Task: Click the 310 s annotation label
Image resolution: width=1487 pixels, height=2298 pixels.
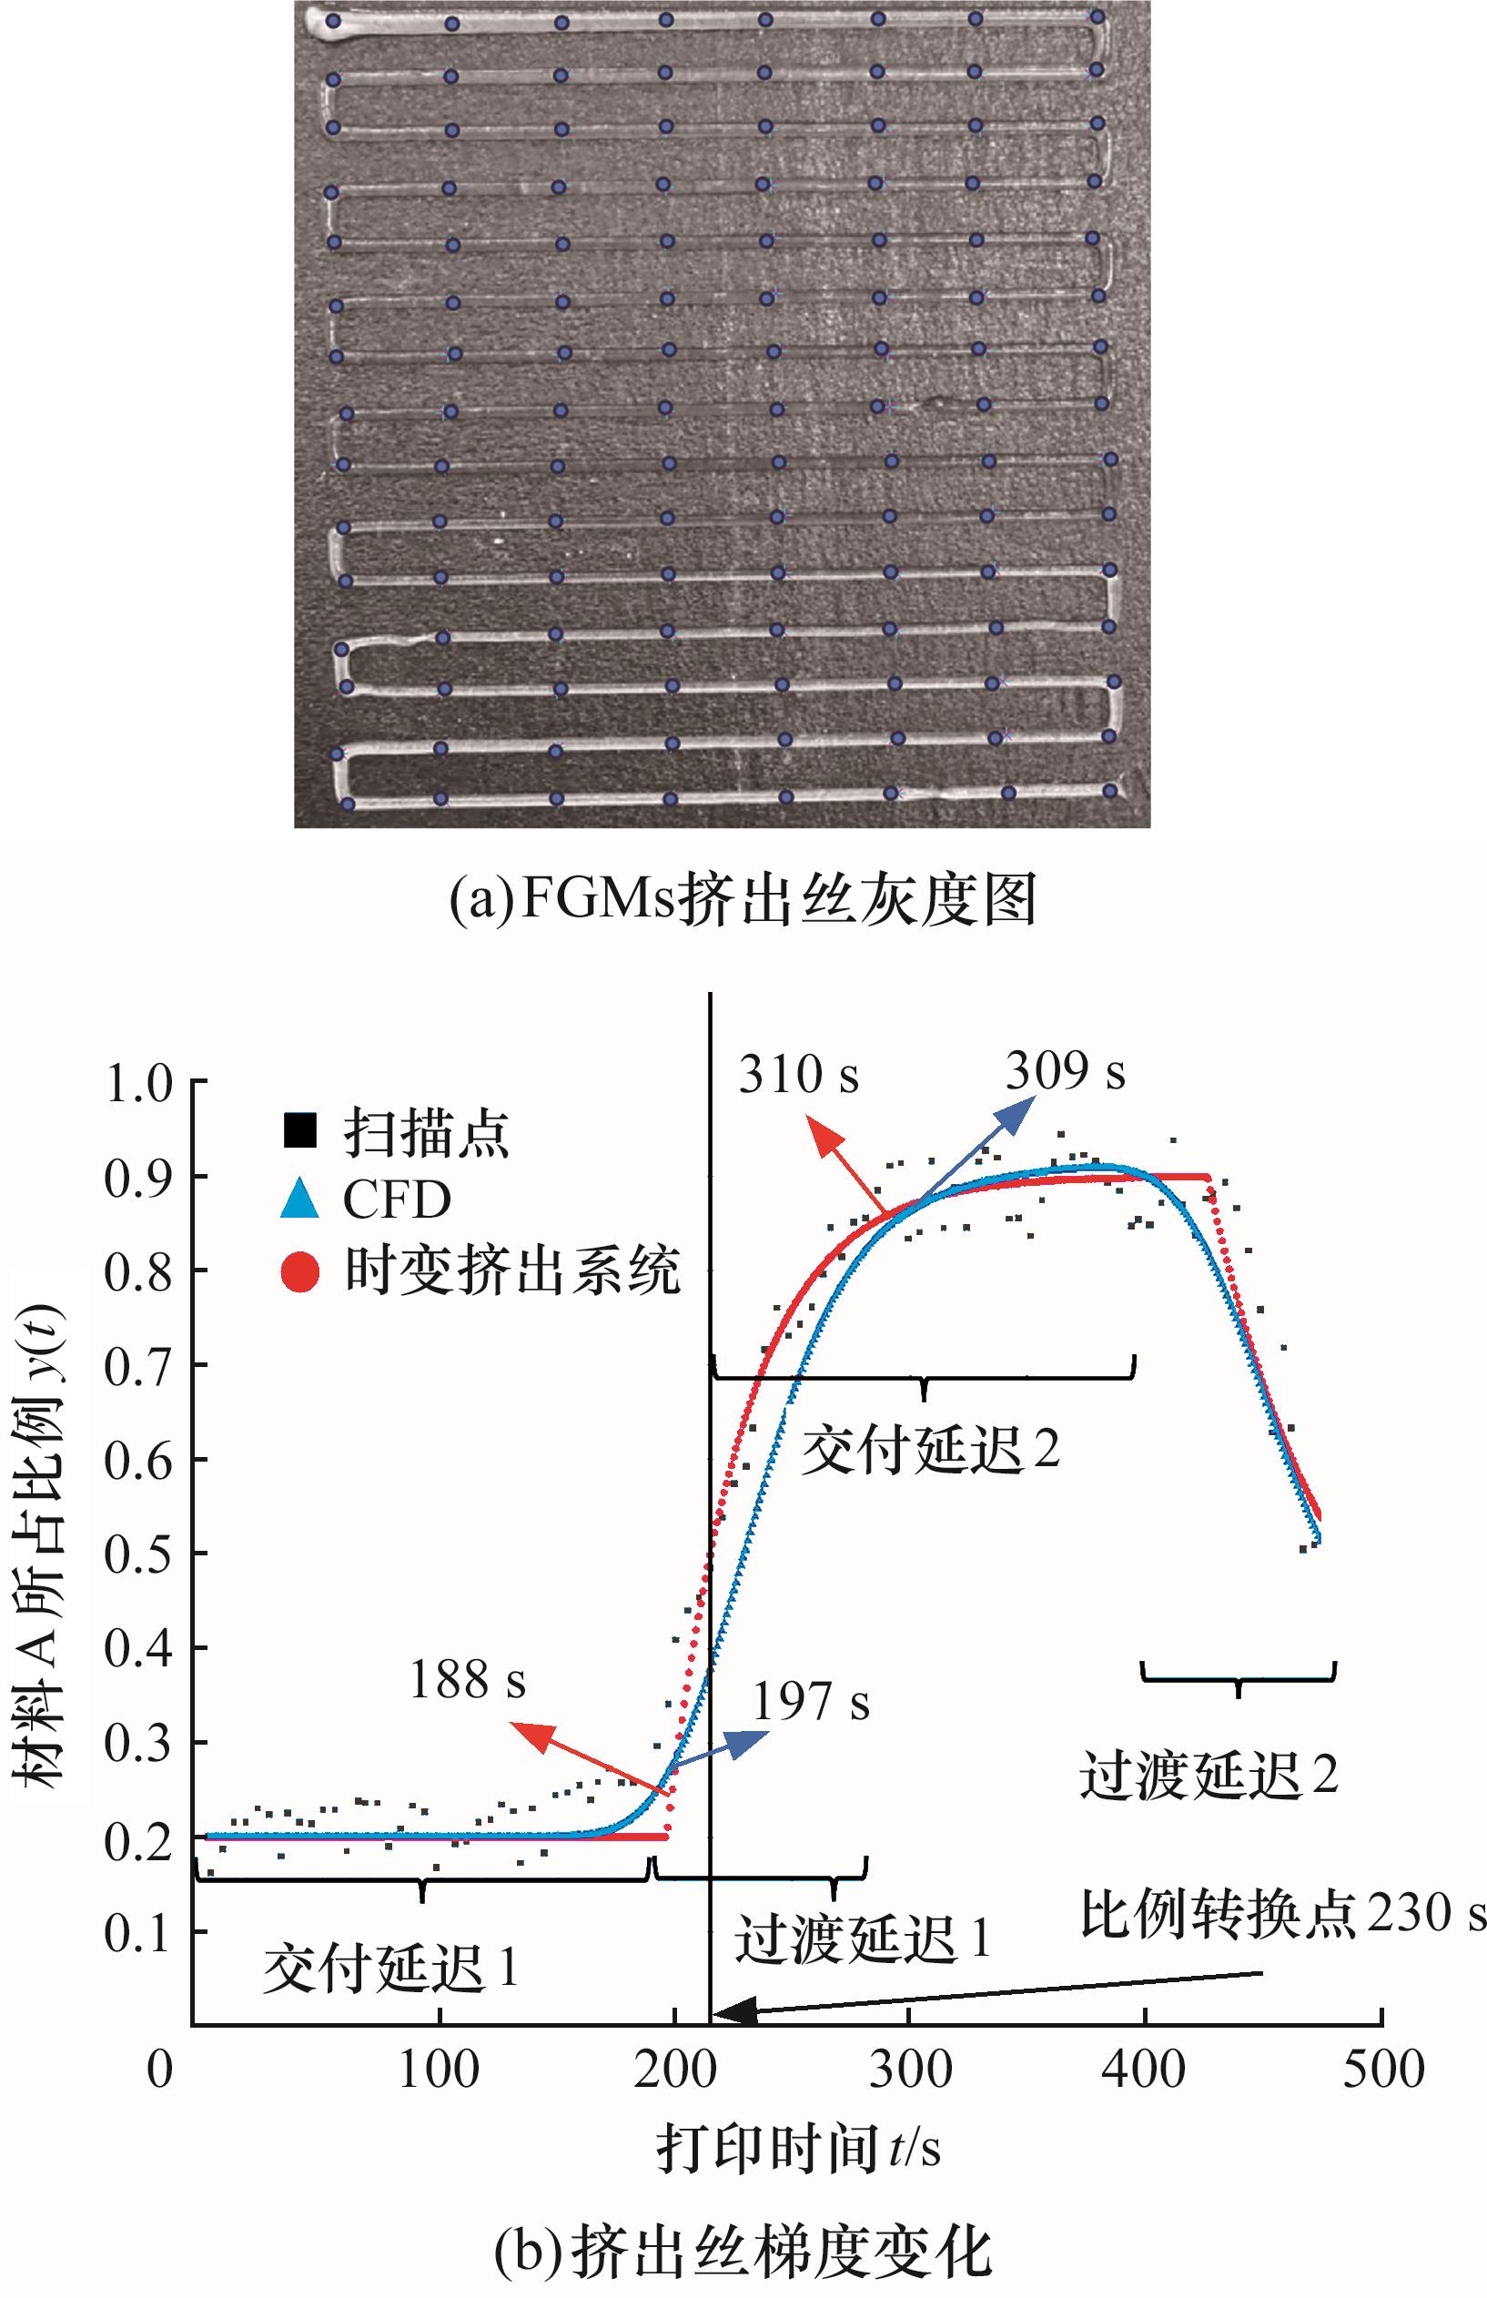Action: click(798, 1074)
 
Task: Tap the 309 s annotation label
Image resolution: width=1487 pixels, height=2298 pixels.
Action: click(1065, 1071)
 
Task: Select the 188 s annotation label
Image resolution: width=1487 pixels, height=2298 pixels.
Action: click(468, 1680)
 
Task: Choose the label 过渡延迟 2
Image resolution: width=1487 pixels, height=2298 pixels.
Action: click(1208, 1775)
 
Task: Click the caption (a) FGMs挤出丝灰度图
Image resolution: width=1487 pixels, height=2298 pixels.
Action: click(743, 900)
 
